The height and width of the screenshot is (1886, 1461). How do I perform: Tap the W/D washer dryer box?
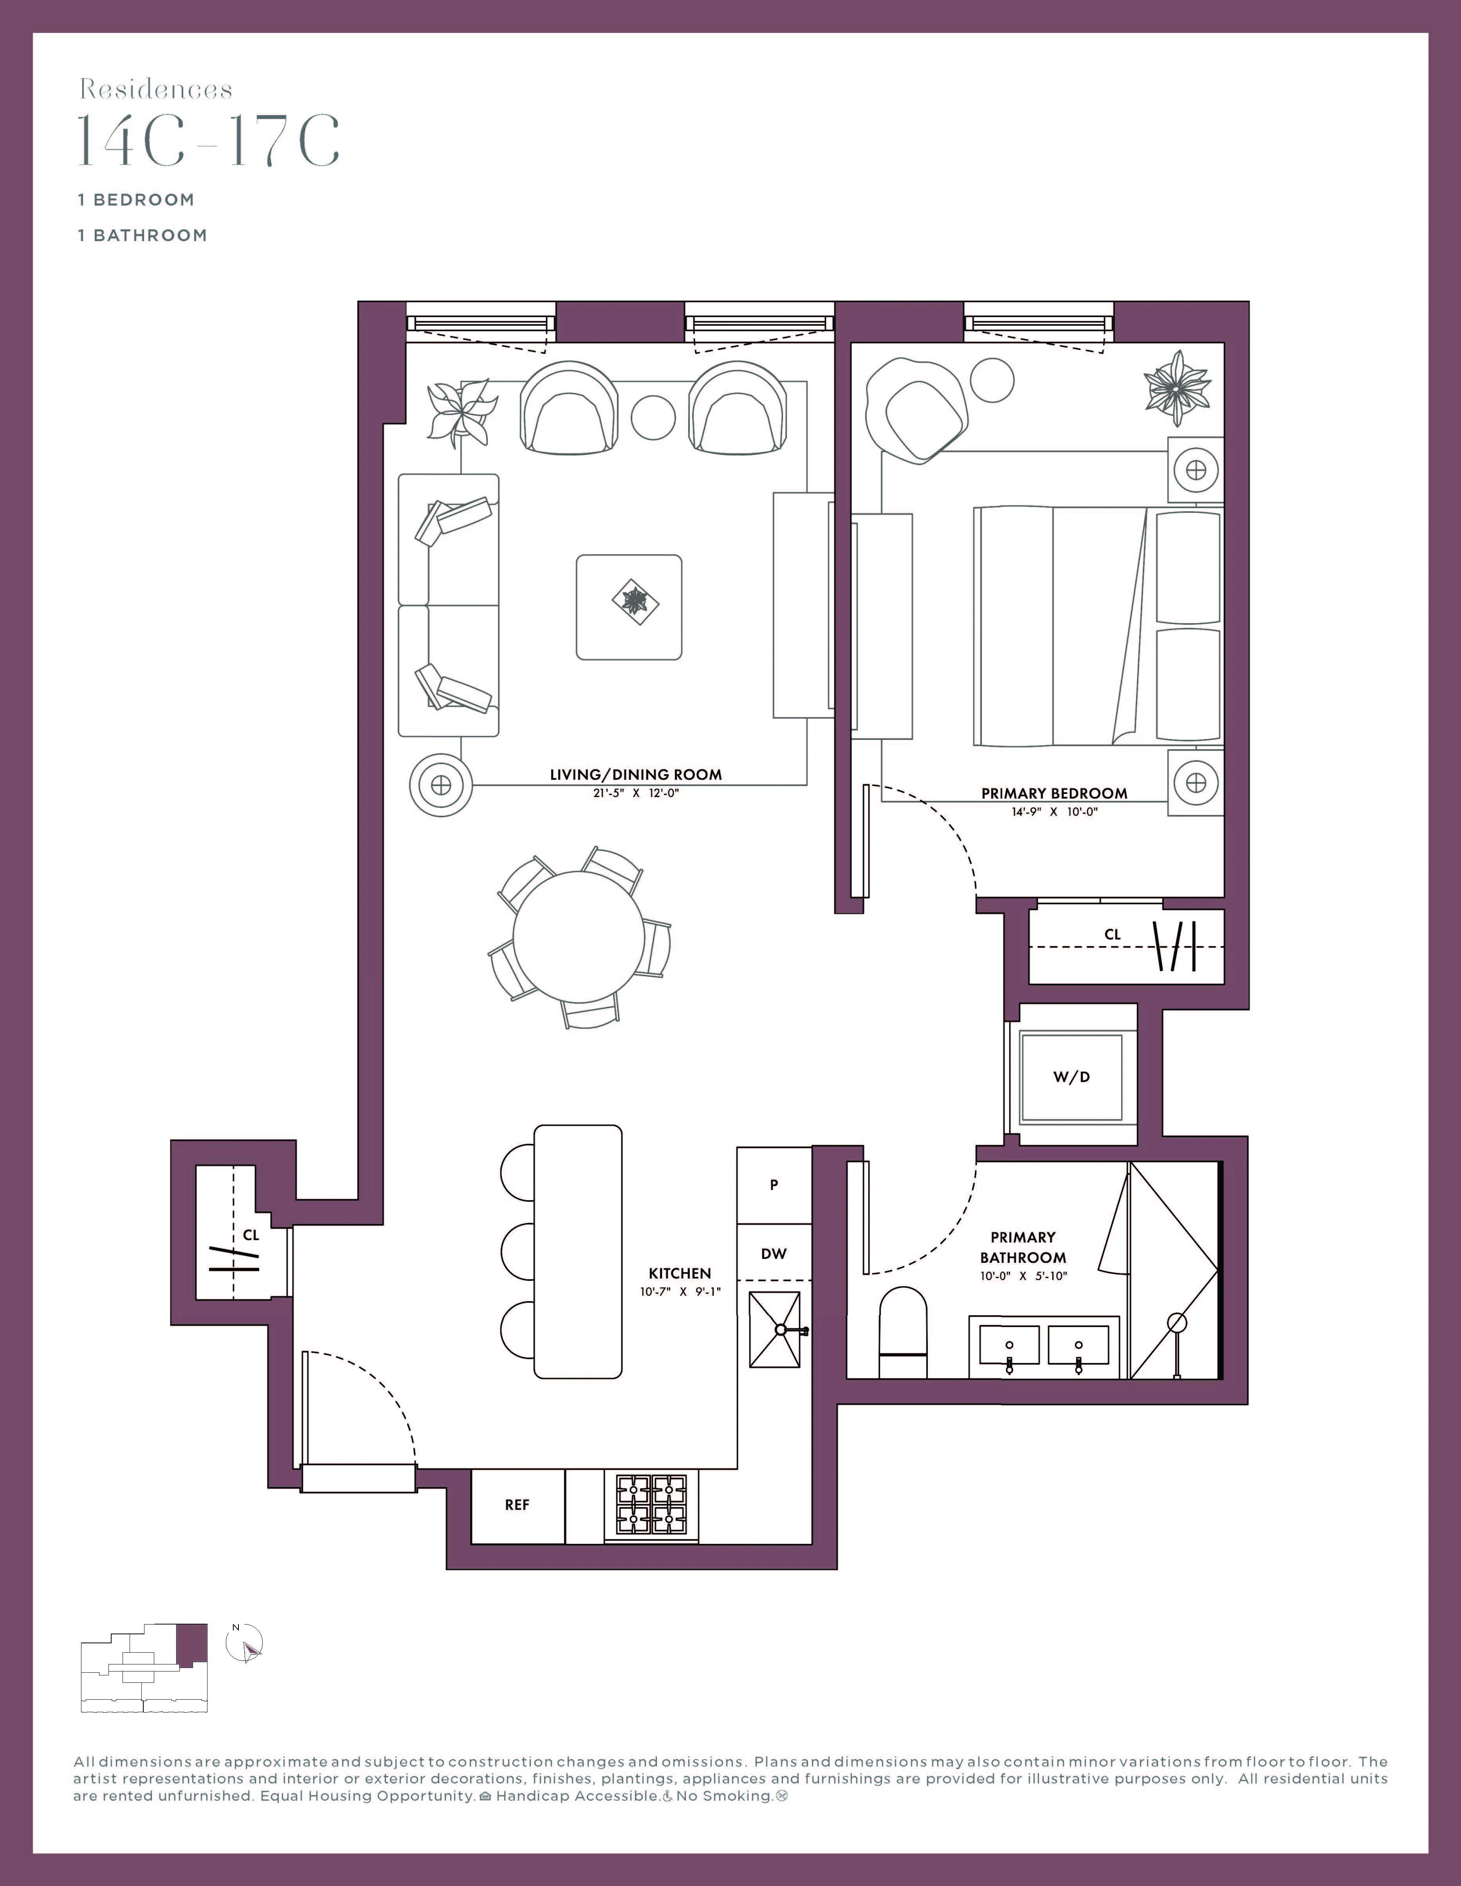click(x=1071, y=1077)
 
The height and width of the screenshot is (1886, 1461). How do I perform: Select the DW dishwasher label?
click(x=774, y=1254)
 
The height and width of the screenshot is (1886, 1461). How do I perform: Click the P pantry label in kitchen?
click(x=774, y=1186)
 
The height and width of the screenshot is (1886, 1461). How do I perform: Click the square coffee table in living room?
click(x=629, y=607)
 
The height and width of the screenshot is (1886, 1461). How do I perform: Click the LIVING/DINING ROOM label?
click(x=635, y=775)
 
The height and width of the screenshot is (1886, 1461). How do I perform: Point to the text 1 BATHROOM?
click(x=142, y=235)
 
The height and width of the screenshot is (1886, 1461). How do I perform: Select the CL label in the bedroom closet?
click(x=1112, y=934)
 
